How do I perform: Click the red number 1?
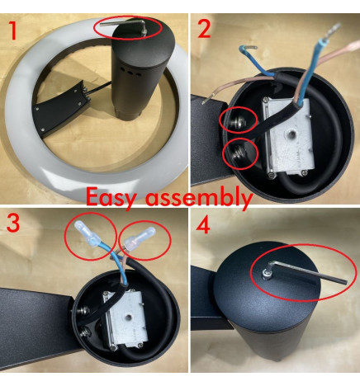[12, 31]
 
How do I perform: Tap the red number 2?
[205, 29]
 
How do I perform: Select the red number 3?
[13, 222]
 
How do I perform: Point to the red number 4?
[203, 225]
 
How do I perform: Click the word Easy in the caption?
[111, 197]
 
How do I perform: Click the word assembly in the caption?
[198, 197]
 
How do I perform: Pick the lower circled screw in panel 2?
[239, 153]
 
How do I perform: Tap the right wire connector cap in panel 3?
[140, 238]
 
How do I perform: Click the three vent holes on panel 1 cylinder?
[132, 71]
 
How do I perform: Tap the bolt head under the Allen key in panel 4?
[267, 273]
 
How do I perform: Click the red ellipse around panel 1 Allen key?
[128, 28]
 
